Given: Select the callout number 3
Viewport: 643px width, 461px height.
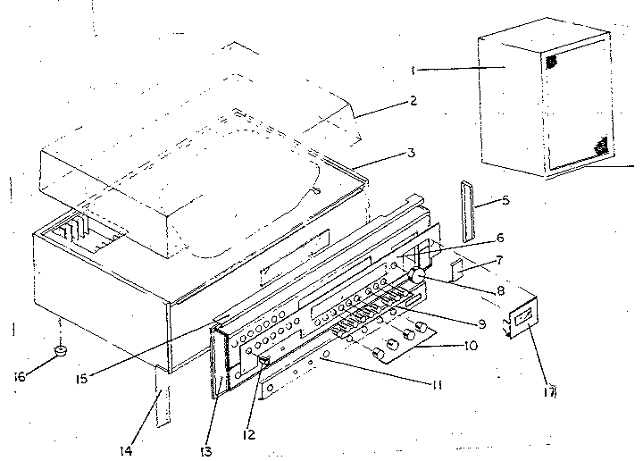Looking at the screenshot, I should click(411, 154).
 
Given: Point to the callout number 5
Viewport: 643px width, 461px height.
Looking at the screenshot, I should click(505, 201).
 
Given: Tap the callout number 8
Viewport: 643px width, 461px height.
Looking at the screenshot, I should click(500, 290).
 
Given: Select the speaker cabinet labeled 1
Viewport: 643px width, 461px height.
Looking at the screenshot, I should click(540, 103).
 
